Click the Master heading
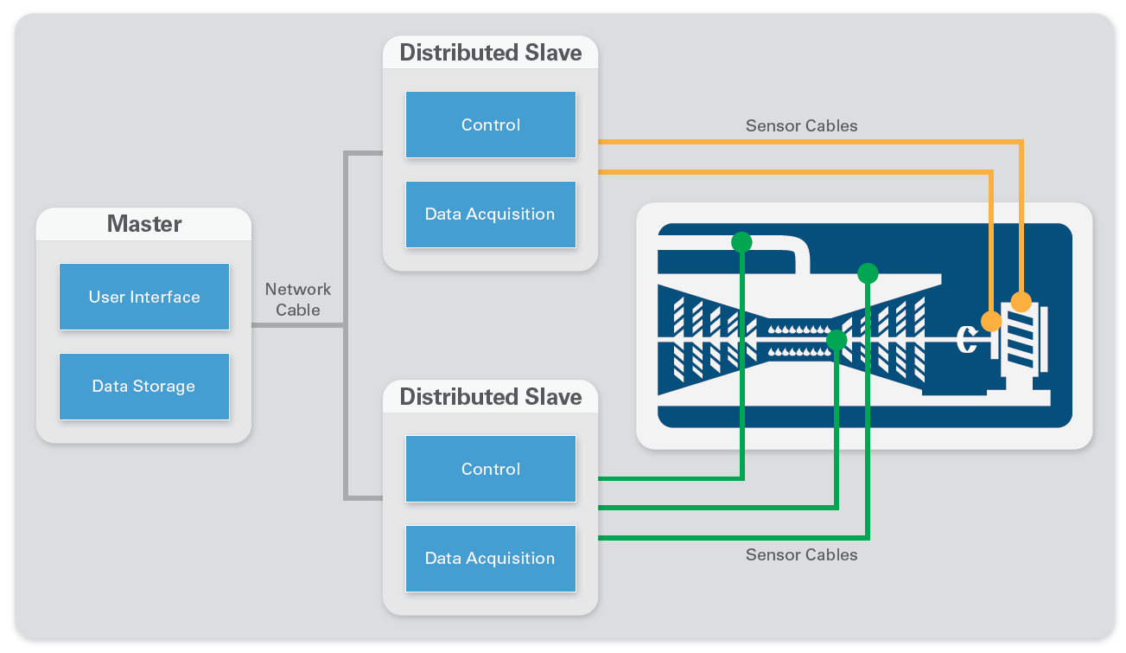[144, 224]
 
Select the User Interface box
[144, 297]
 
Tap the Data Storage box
[144, 386]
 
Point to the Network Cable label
[298, 299]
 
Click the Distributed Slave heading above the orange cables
[490, 53]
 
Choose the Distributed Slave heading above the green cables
[490, 397]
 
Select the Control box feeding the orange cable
[490, 125]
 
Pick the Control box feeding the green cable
[490, 469]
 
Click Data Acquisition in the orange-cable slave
[490, 214]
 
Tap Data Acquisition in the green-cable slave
[490, 558]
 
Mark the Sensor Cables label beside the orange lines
[801, 125]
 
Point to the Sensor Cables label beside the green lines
[801, 554]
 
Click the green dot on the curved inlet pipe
[741, 242]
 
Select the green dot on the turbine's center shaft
[837, 340]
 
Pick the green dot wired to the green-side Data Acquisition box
[868, 274]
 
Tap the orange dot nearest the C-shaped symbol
[991, 321]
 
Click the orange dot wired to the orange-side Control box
[1021, 302]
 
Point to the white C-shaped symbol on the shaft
[967, 340]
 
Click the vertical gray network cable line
[346, 325]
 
